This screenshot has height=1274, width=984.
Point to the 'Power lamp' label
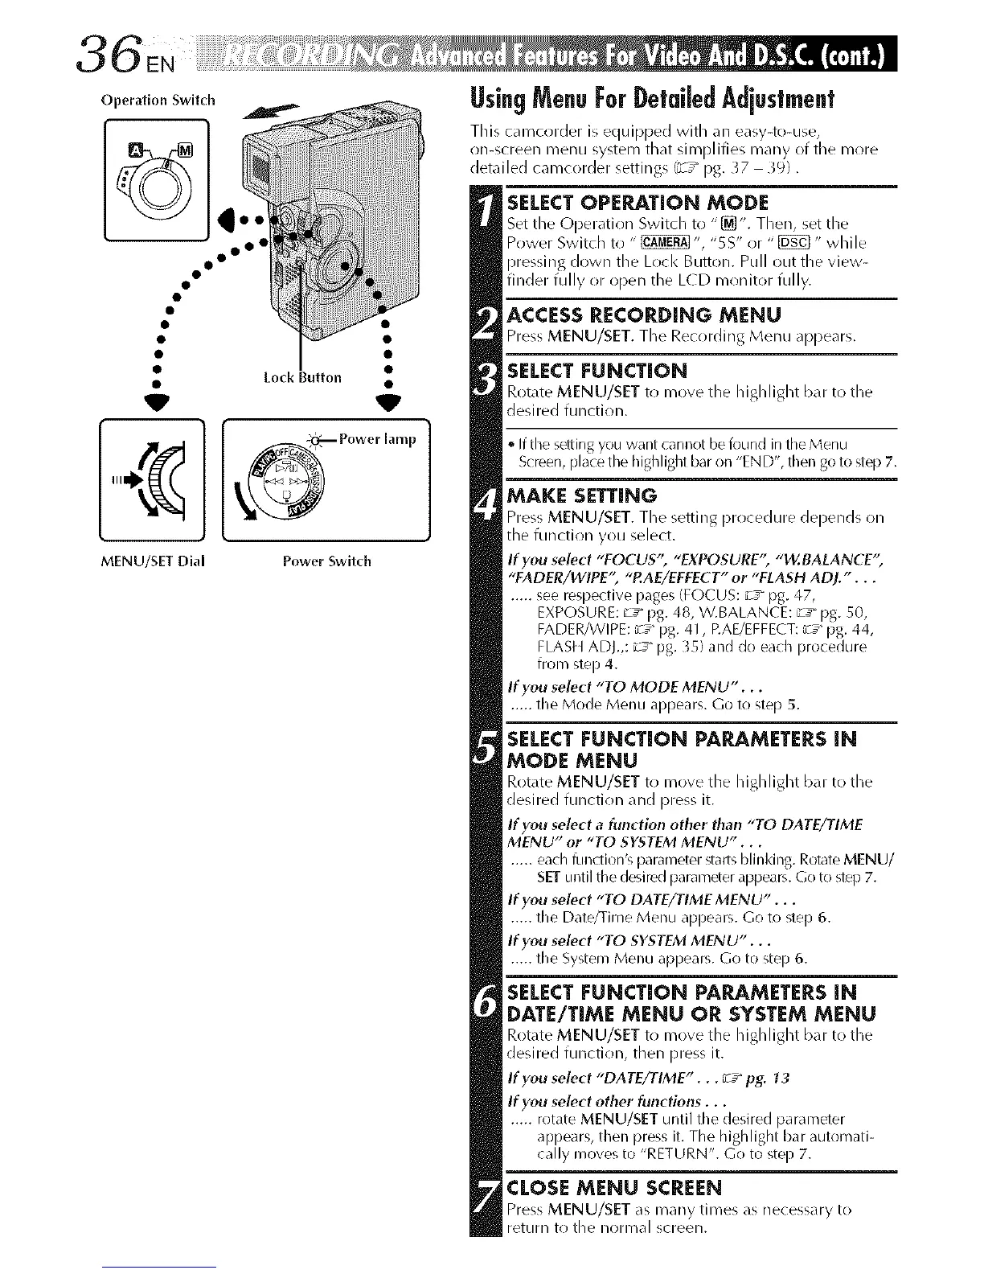pyautogui.click(x=378, y=439)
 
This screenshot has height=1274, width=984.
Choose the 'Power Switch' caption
pyautogui.click(x=327, y=561)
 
